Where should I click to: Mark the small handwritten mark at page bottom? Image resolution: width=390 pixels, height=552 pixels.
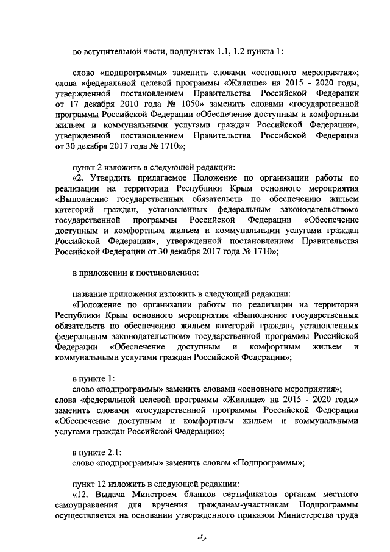click(197, 537)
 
